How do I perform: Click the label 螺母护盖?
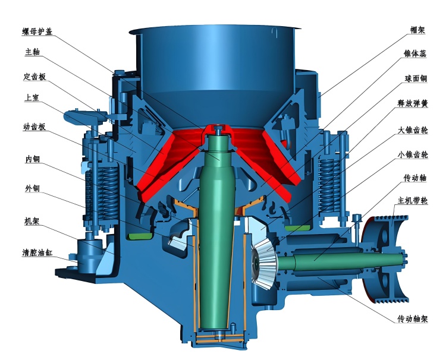(x=37, y=31)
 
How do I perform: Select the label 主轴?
(x=33, y=52)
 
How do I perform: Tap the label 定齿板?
(x=34, y=77)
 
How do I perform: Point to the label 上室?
(x=32, y=98)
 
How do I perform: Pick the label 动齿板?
(x=34, y=127)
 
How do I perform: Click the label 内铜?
(x=33, y=159)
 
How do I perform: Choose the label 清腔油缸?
(x=37, y=252)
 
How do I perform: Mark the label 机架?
(x=32, y=221)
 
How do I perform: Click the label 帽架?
(x=417, y=30)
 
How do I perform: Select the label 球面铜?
(x=416, y=78)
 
